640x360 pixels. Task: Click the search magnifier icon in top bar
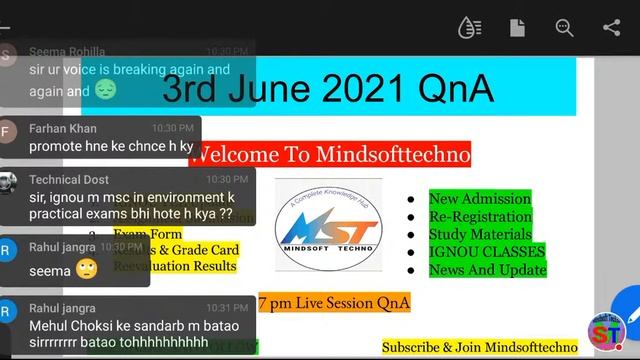[x=565, y=28]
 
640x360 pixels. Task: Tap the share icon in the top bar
[x=612, y=28]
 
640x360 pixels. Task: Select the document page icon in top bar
[x=517, y=28]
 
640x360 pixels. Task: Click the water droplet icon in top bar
[x=469, y=28]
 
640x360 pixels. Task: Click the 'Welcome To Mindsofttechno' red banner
[x=330, y=154]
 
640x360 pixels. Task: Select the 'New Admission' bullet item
[x=480, y=199]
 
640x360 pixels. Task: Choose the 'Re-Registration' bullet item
[x=480, y=217]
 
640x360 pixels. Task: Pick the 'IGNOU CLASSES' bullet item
[x=487, y=252]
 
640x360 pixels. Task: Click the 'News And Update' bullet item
[x=487, y=269]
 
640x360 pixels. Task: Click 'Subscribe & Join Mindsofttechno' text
[x=480, y=347]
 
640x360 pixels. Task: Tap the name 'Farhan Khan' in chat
[x=63, y=128]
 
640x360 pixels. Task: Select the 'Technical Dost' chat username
[x=69, y=179]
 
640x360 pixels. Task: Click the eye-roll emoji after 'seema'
[x=86, y=270]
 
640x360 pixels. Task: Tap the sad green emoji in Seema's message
[x=106, y=90]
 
